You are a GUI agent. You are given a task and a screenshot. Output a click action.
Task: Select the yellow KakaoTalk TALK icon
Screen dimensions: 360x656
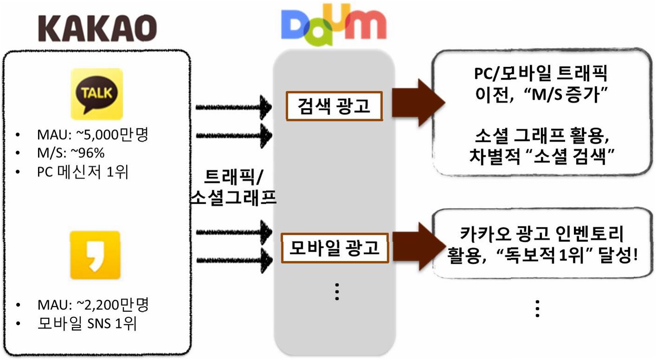tap(96, 94)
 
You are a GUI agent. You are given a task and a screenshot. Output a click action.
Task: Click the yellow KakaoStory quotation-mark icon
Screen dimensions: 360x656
tap(95, 255)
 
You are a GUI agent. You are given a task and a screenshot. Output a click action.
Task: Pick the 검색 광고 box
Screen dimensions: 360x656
tap(334, 106)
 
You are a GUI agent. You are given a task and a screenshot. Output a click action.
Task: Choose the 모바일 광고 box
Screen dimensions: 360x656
tap(334, 249)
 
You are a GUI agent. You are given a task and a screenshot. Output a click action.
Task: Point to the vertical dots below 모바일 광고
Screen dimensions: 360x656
tap(337, 291)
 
